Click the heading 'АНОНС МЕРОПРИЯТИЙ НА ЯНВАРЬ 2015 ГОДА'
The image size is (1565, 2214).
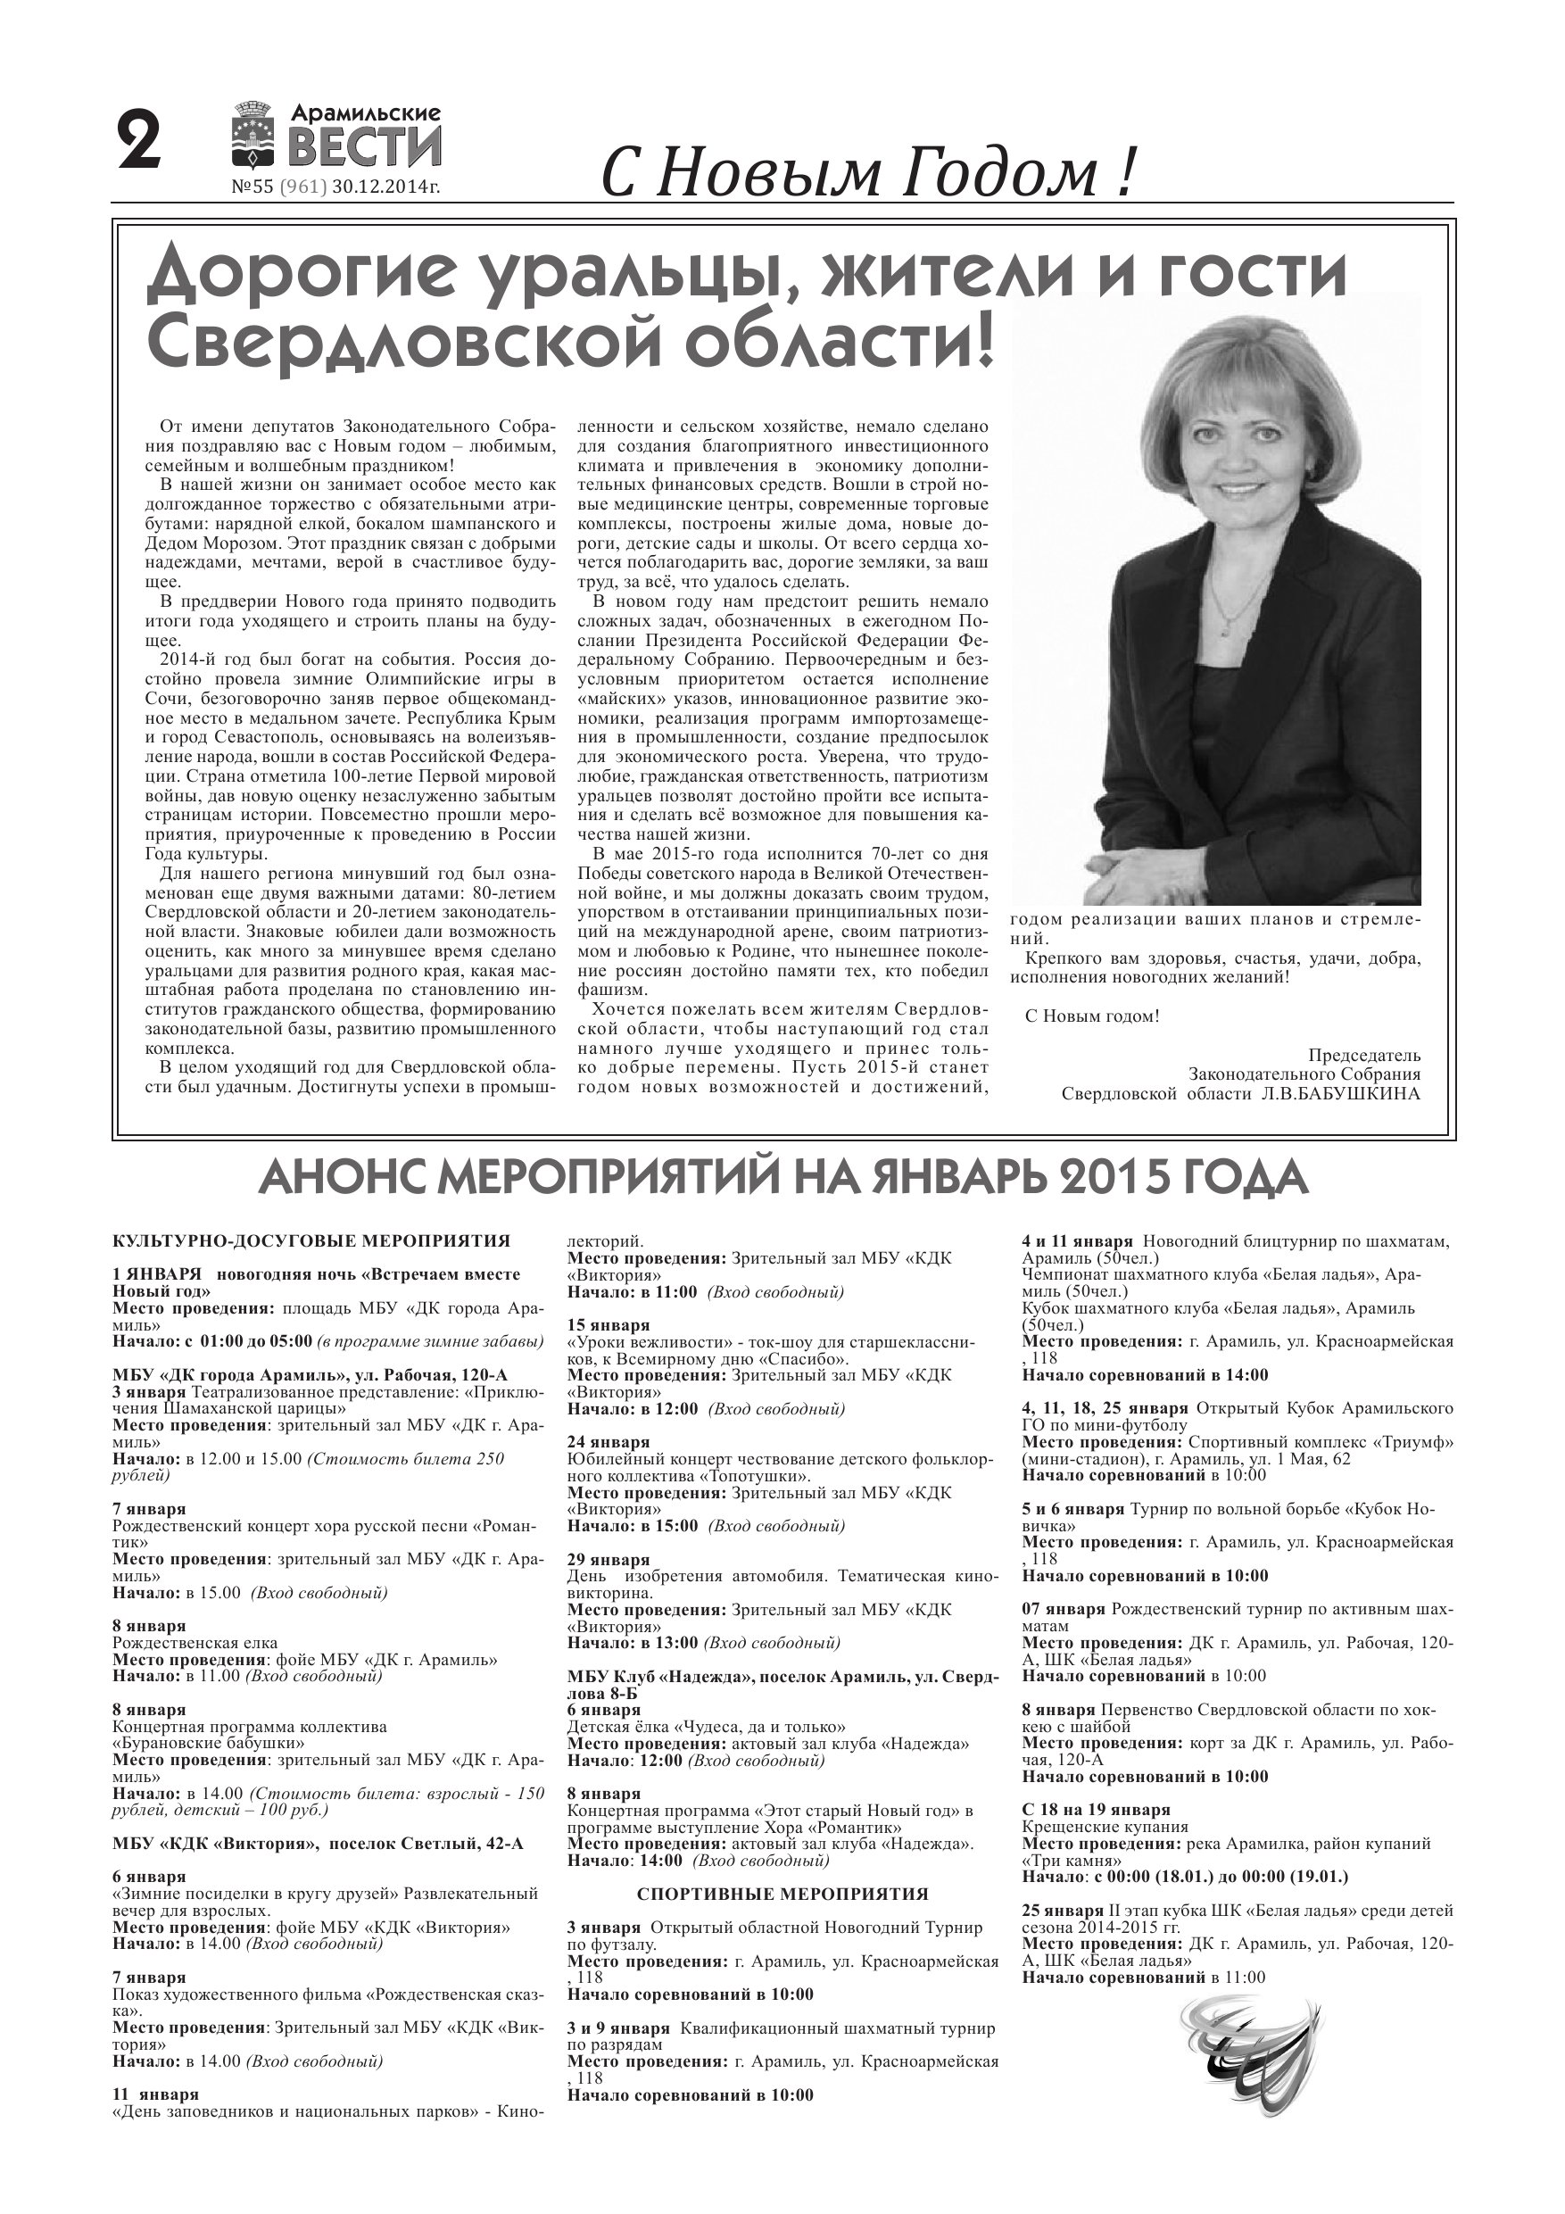783,1178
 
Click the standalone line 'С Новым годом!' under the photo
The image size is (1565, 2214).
1091,1016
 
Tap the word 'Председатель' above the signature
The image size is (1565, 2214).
1364,1055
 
